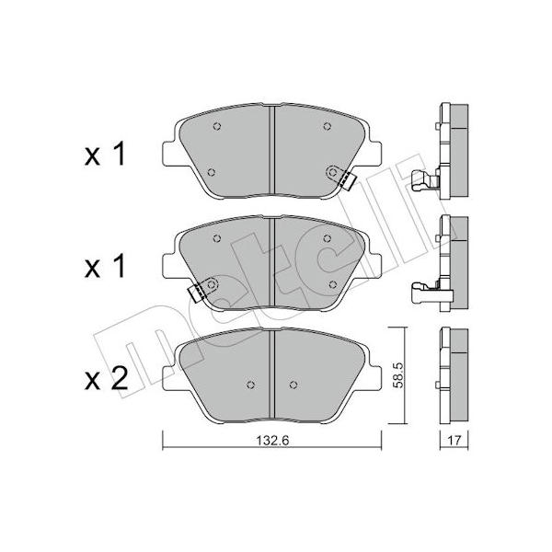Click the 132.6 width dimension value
click(272, 440)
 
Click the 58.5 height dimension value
click(397, 375)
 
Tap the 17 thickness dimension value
click(454, 440)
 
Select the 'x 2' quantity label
click(106, 379)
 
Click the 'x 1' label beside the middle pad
click(105, 267)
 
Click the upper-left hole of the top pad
click(217, 126)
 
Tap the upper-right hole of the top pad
click(327, 126)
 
